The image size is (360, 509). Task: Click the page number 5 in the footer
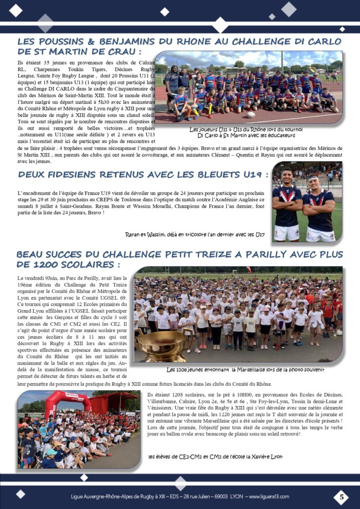[341, 496]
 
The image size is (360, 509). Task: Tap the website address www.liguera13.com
[269, 497]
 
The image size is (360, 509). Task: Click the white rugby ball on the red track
[252, 114]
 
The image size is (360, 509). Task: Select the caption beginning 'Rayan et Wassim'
[195, 234]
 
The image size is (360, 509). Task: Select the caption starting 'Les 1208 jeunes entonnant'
[246, 369]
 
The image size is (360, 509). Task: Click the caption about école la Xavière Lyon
[216, 456]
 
